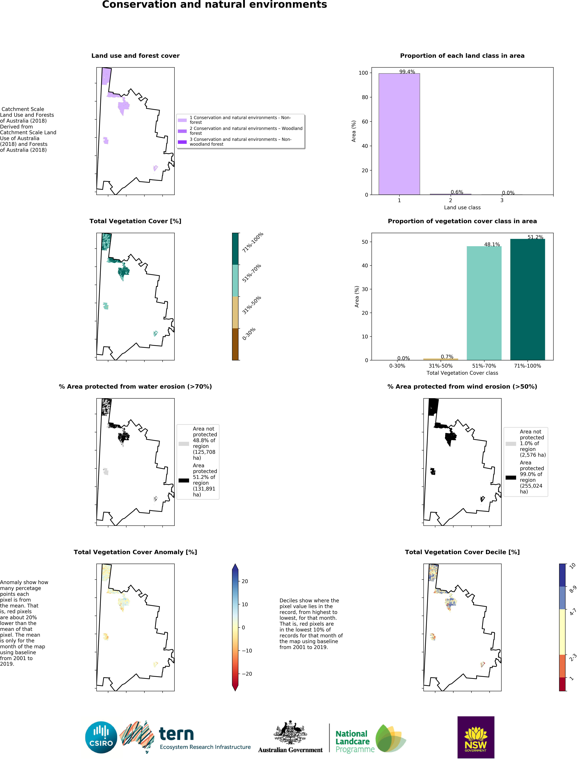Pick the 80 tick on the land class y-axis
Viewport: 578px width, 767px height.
point(365,97)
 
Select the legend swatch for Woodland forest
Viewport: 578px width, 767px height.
point(182,131)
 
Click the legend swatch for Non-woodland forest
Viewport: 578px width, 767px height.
point(182,142)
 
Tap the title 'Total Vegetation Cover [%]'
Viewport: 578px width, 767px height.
point(135,221)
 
